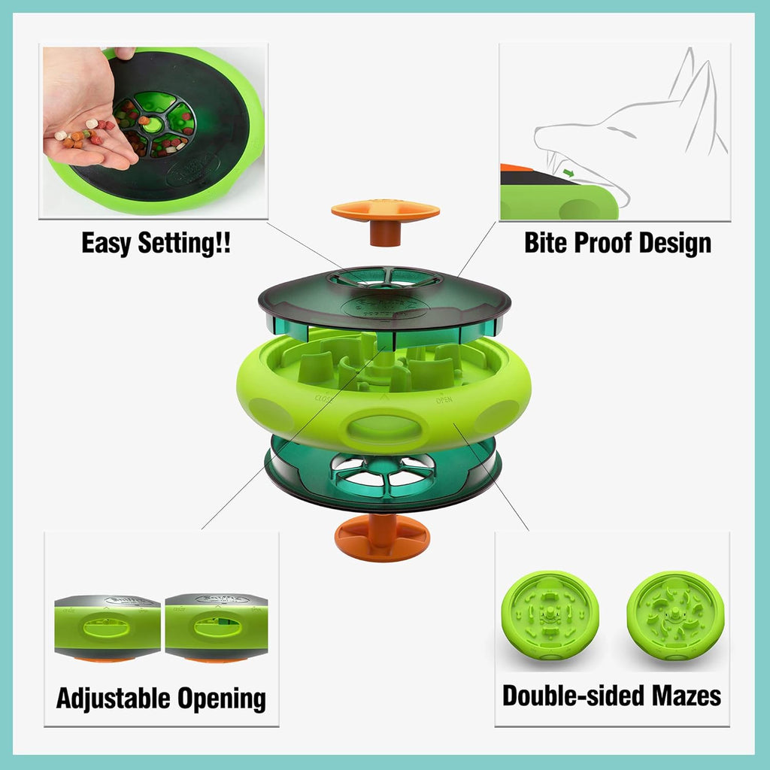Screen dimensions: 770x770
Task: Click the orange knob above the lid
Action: click(385, 213)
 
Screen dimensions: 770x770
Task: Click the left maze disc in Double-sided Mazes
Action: click(550, 615)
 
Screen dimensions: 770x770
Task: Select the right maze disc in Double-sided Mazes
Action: click(675, 615)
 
